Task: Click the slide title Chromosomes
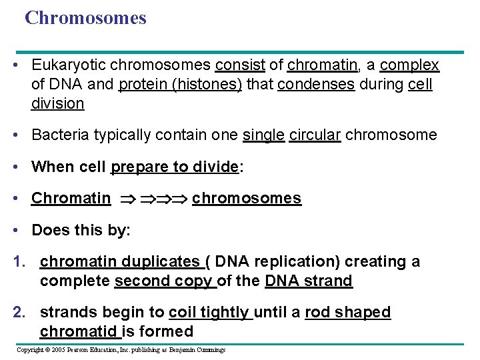85,18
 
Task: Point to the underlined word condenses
316,85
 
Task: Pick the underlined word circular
315,135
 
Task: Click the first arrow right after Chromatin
127,199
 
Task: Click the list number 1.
19,262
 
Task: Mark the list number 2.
19,313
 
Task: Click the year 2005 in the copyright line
62,349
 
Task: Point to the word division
57,104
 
